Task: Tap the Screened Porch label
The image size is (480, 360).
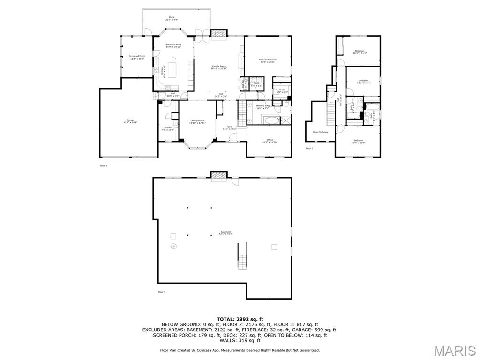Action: click(x=137, y=57)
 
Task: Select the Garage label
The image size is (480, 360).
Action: click(x=130, y=121)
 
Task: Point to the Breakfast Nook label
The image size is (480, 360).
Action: click(x=173, y=45)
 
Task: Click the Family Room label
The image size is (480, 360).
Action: click(x=219, y=67)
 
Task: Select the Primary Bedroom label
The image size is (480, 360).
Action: click(x=268, y=60)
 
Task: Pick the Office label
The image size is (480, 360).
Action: click(x=270, y=140)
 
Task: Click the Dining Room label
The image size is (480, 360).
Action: click(x=197, y=121)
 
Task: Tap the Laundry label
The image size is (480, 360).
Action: click(x=167, y=128)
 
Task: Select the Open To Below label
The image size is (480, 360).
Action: click(x=321, y=132)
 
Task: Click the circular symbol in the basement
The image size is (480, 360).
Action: click(x=174, y=246)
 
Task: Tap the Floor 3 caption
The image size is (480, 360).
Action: click(x=310, y=148)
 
